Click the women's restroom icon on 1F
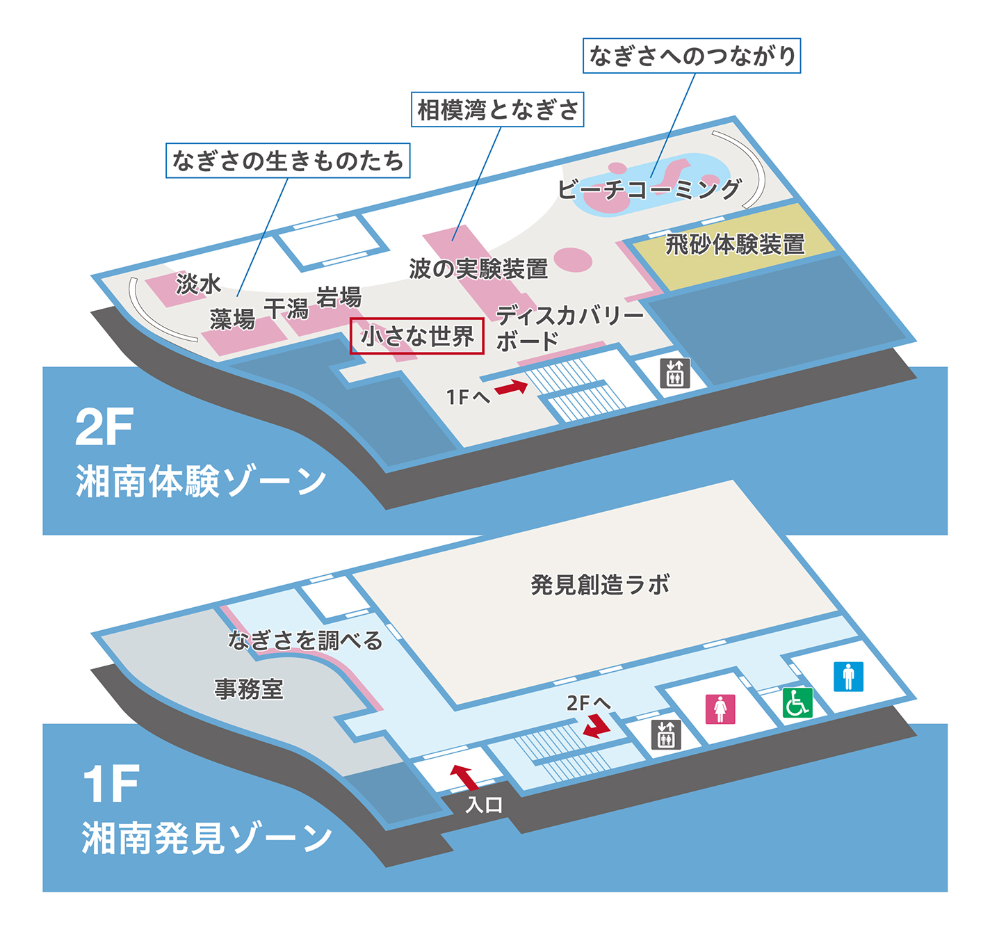[720, 709]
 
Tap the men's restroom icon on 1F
[848, 676]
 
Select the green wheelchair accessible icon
[797, 702]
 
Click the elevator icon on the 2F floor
[674, 373]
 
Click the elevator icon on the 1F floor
[665, 734]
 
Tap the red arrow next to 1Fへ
[512, 387]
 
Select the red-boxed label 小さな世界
[417, 337]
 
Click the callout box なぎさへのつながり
[692, 56]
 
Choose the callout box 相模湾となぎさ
[497, 110]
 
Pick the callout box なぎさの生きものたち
[288, 161]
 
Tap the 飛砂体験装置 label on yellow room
[735, 244]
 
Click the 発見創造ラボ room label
[600, 585]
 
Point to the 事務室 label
[249, 689]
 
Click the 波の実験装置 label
[478, 268]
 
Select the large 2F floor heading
[104, 427]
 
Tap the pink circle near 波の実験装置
[573, 260]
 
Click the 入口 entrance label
[484, 805]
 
